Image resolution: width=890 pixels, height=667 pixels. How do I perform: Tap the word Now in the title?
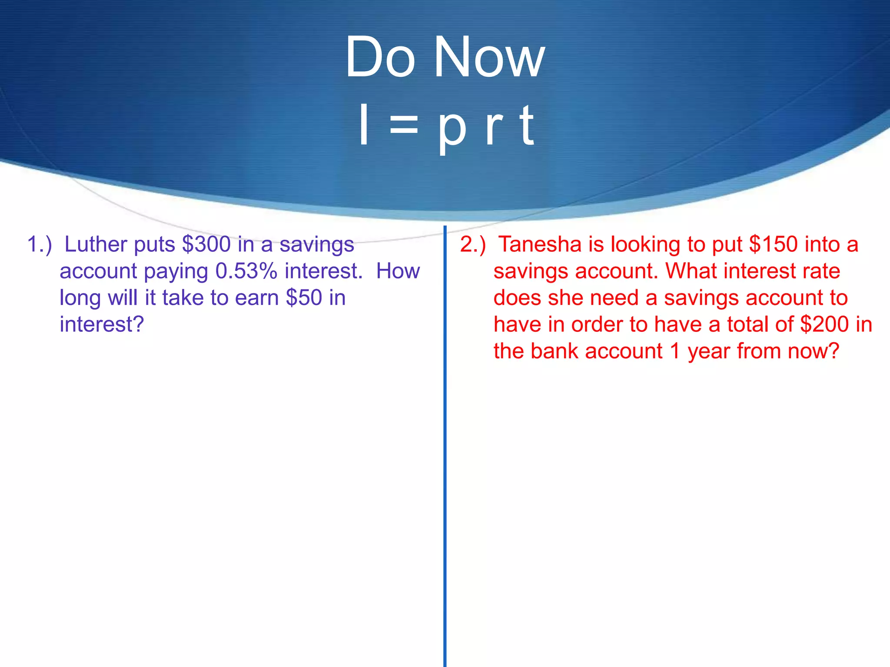[489, 57]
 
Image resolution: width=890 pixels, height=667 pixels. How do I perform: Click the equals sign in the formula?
[404, 126]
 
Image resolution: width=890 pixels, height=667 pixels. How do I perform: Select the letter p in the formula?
[452, 128]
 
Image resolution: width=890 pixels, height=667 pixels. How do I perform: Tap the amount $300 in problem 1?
[206, 244]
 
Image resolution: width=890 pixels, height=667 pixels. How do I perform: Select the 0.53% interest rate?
[246, 271]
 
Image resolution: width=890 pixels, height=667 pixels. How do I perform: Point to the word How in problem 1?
[398, 271]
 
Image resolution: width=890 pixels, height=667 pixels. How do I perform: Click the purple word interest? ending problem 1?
[102, 325]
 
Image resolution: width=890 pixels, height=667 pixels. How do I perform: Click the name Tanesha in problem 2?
[540, 244]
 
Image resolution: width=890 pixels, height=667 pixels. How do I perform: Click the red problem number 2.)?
[473, 244]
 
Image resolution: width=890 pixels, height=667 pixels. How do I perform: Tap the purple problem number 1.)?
[40, 244]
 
